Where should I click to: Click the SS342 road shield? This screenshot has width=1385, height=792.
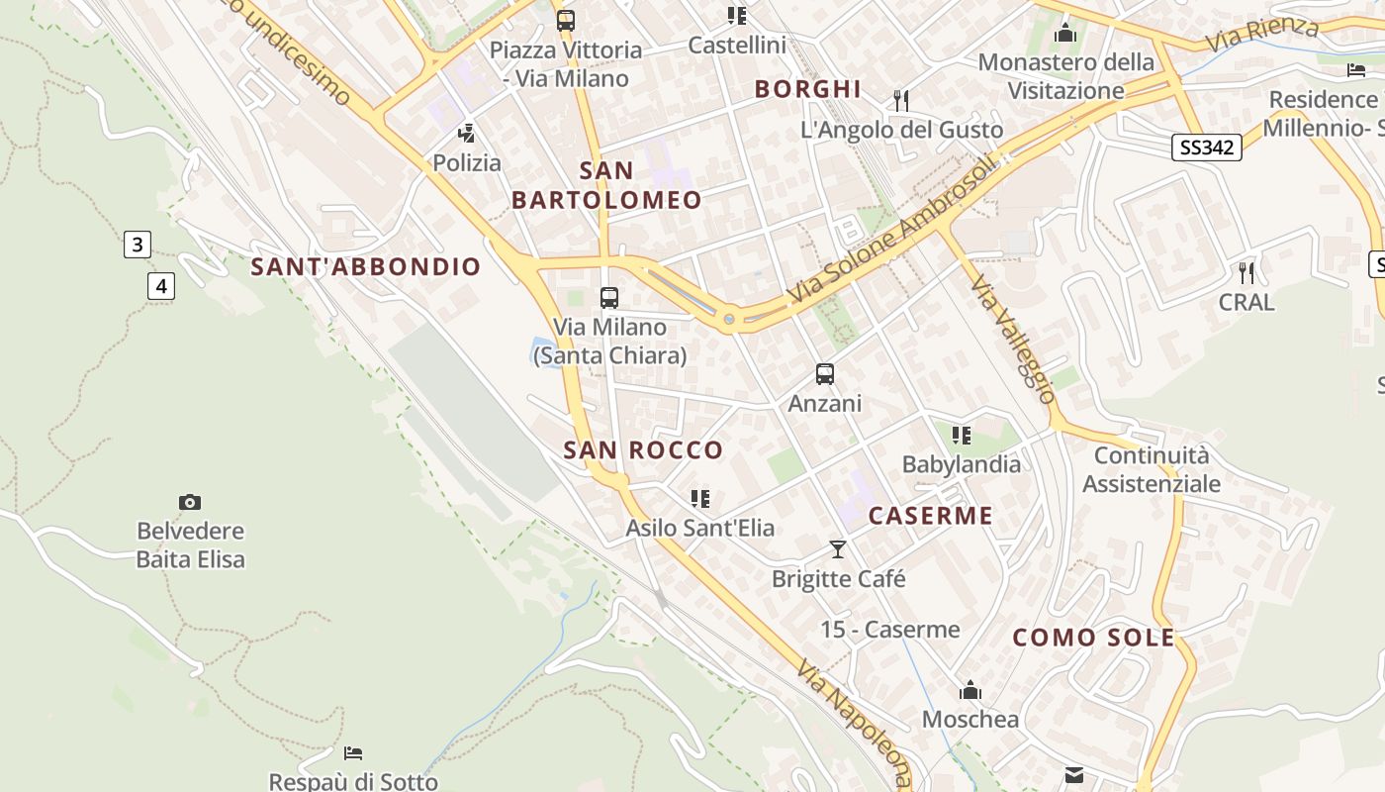(1206, 148)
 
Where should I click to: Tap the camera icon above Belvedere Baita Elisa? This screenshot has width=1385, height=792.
(190, 503)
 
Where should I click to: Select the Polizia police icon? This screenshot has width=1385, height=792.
(466, 134)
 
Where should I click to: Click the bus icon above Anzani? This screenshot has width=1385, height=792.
(825, 374)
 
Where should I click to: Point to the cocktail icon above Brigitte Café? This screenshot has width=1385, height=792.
(838, 548)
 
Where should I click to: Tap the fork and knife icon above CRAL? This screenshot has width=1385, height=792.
(1246, 272)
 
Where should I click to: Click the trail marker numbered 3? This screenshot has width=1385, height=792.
(138, 245)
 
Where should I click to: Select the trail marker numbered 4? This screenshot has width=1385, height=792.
(161, 287)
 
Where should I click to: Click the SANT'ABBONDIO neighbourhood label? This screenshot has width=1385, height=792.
(365, 267)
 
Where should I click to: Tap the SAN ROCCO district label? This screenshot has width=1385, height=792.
(643, 450)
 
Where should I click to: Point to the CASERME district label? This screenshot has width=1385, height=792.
(930, 516)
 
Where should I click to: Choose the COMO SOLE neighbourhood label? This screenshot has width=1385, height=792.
(1093, 638)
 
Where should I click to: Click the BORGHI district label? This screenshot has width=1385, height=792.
(807, 89)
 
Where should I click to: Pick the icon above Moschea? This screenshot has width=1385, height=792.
(970, 690)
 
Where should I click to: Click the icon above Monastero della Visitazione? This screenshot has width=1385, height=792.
(1065, 34)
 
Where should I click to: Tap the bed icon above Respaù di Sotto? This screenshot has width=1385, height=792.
(353, 753)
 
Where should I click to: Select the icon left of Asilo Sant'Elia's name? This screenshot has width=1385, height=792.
(700, 499)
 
